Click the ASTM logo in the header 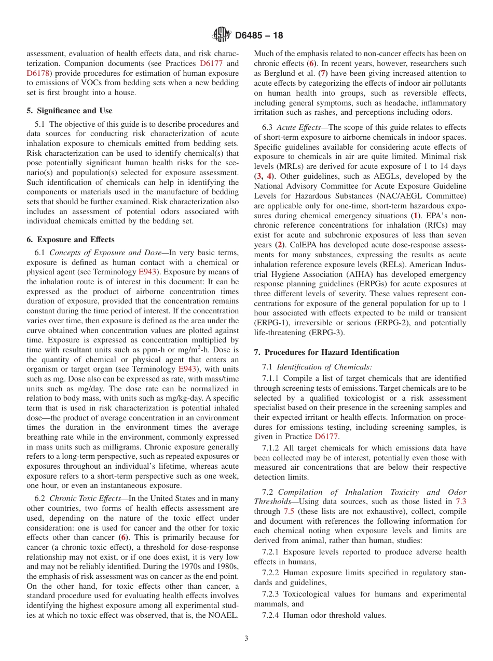pyautogui.click(x=222, y=35)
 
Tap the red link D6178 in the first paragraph pyautogui.click(x=39, y=73)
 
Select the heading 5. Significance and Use pyautogui.click(x=69, y=111)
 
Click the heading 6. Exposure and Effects pyautogui.click(x=70, y=240)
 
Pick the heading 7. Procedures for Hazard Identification pyautogui.click(x=326, y=352)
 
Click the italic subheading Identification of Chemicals pyautogui.click(x=324, y=367)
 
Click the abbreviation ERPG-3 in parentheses pyautogui.click(x=327, y=333)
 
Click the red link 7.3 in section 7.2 pyautogui.click(x=460, y=501)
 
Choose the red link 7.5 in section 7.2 pyautogui.click(x=289, y=511)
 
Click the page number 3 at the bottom pyautogui.click(x=246, y=639)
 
